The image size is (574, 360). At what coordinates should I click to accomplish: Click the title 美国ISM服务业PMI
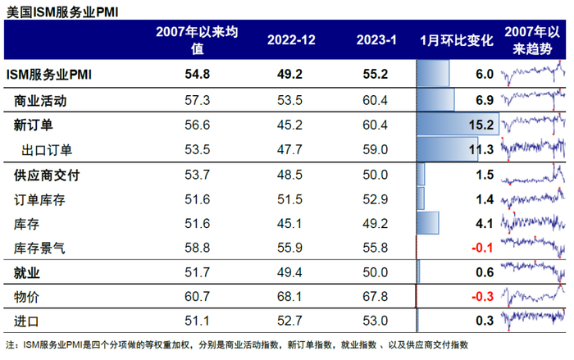click(61, 10)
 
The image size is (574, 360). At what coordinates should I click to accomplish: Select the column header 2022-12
click(285, 40)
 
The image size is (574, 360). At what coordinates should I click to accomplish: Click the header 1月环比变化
click(457, 40)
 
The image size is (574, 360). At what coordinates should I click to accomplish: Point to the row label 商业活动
click(40, 101)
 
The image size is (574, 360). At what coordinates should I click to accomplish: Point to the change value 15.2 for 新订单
click(481, 125)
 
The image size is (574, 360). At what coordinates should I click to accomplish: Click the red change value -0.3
click(481, 295)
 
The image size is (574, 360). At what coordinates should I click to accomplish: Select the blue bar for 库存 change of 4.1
click(427, 222)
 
